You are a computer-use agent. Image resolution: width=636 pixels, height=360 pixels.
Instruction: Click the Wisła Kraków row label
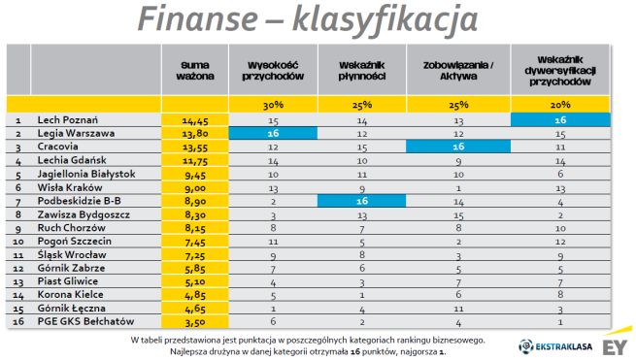[69, 186]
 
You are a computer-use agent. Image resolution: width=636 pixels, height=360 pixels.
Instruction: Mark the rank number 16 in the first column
[18, 321]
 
